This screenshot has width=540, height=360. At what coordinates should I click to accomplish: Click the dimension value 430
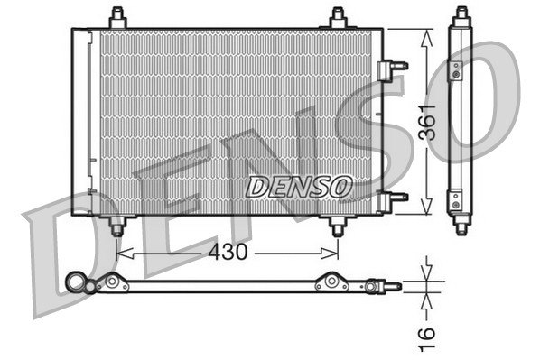[228, 254]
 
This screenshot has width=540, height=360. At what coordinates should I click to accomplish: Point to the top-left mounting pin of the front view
[117, 18]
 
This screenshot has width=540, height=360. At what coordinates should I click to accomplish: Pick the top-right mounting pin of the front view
[337, 18]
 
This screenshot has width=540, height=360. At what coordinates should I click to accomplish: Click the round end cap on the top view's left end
[75, 284]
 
